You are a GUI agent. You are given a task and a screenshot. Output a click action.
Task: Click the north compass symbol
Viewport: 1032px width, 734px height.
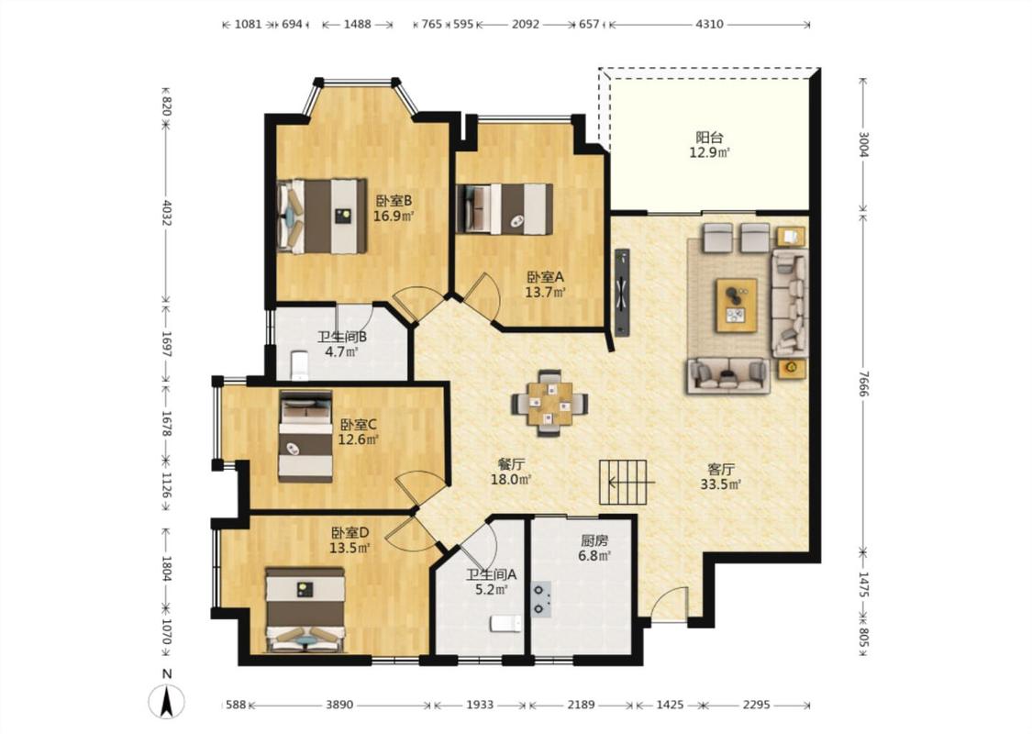pyautogui.click(x=167, y=700)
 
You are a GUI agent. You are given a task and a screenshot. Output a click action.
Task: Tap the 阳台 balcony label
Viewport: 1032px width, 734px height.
pyautogui.click(x=709, y=138)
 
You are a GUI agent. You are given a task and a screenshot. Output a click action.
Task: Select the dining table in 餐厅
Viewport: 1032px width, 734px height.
pyautogui.click(x=549, y=403)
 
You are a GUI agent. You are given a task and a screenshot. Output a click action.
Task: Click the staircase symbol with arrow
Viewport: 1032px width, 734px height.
pyautogui.click(x=623, y=483)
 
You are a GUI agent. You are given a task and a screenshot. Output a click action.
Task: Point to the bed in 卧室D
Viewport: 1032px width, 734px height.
pyautogui.click(x=305, y=609)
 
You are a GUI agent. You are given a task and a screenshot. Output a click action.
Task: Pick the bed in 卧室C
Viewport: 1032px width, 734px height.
pyautogui.click(x=305, y=436)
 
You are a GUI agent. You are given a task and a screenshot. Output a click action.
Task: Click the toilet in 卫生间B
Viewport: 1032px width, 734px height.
pyautogui.click(x=300, y=366)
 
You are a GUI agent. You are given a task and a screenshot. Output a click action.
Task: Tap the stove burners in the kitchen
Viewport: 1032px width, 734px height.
pyautogui.click(x=540, y=599)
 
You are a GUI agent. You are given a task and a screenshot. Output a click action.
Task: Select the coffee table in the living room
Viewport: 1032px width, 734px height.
pyautogui.click(x=737, y=306)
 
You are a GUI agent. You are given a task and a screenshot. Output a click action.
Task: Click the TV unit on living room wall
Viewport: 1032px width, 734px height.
pyautogui.click(x=622, y=292)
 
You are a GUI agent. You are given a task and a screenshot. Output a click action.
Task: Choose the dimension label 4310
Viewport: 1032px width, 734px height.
pyautogui.click(x=709, y=25)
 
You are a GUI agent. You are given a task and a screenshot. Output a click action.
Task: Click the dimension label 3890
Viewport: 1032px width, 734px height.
pyautogui.click(x=338, y=705)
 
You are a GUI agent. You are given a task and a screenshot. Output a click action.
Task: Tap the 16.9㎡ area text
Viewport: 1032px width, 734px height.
pyautogui.click(x=394, y=216)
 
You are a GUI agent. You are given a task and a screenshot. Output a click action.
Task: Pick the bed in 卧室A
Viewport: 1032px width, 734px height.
pyautogui.click(x=505, y=208)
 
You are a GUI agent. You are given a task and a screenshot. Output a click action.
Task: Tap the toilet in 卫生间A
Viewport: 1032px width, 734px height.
pyautogui.click(x=505, y=623)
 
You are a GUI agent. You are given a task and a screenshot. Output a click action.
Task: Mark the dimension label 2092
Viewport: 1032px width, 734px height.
pyautogui.click(x=526, y=25)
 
